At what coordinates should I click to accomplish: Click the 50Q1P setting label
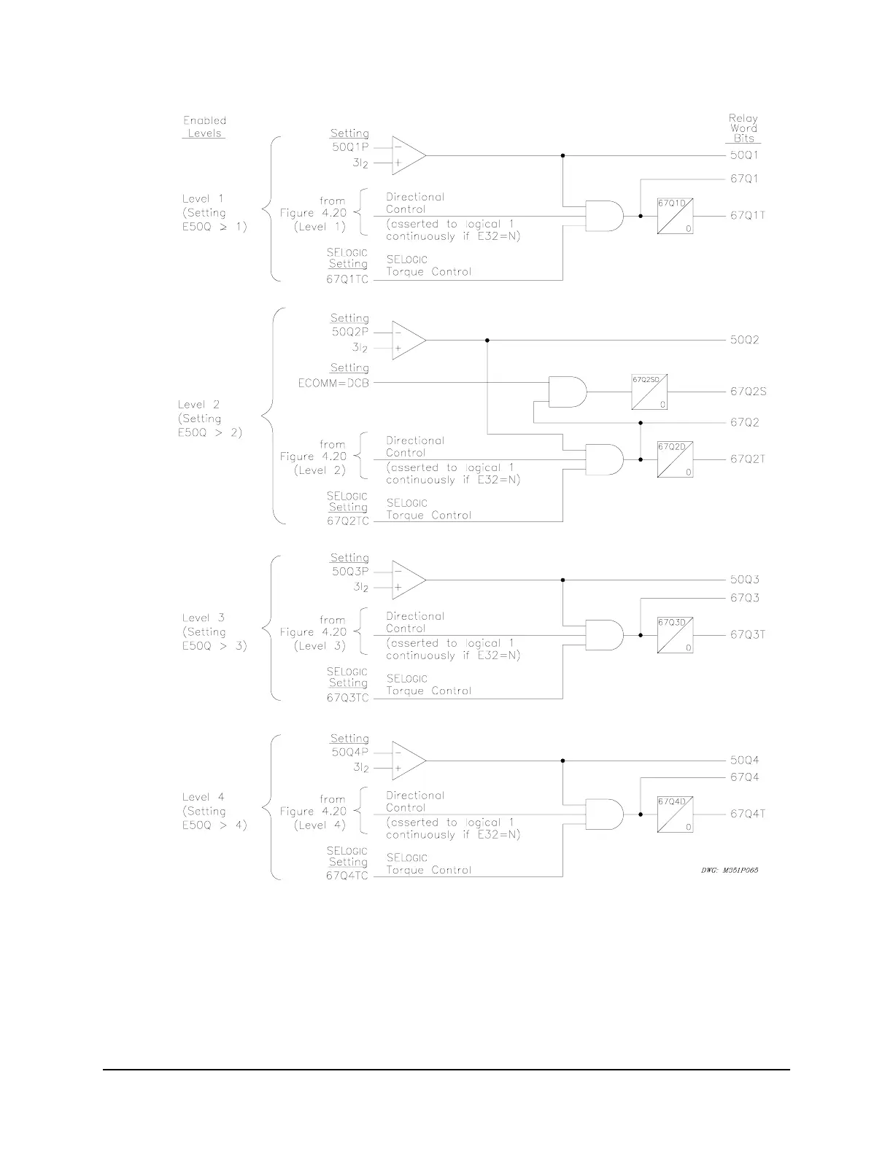click(350, 147)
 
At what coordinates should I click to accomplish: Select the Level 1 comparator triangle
click(407, 155)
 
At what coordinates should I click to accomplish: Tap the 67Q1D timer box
click(675, 216)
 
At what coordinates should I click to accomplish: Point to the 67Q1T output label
click(748, 216)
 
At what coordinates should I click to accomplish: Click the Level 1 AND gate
click(605, 216)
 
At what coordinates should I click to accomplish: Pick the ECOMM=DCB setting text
click(333, 382)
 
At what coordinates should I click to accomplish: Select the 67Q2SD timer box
click(649, 392)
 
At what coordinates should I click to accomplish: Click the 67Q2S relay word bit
click(748, 392)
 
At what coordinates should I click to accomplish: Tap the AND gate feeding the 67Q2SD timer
click(568, 392)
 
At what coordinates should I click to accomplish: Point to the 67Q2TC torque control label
click(348, 521)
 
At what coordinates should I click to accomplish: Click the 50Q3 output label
click(745, 580)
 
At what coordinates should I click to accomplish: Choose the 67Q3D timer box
click(675, 635)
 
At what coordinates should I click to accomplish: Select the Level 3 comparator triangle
click(407, 580)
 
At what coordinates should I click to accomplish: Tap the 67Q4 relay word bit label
click(745, 777)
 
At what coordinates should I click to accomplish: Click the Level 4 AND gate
click(605, 814)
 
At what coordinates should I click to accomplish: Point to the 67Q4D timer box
click(675, 814)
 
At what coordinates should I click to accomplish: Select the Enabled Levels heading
click(204, 127)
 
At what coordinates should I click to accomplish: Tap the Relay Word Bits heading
click(743, 128)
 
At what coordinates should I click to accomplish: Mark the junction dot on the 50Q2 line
click(487, 340)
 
